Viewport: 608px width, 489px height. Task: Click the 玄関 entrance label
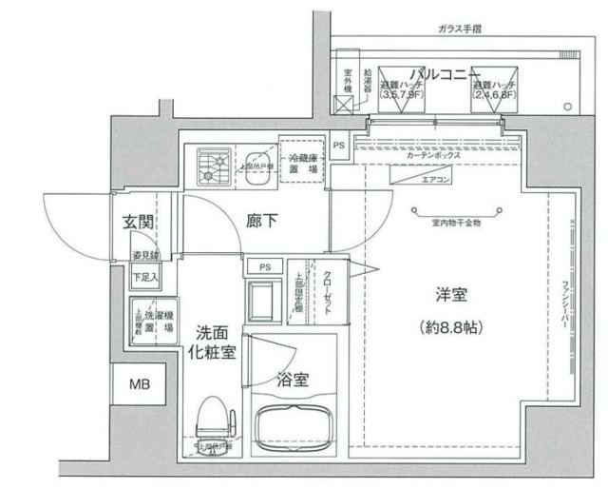139,223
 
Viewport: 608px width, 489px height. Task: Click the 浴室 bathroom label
292,380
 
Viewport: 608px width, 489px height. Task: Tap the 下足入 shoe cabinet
145,277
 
